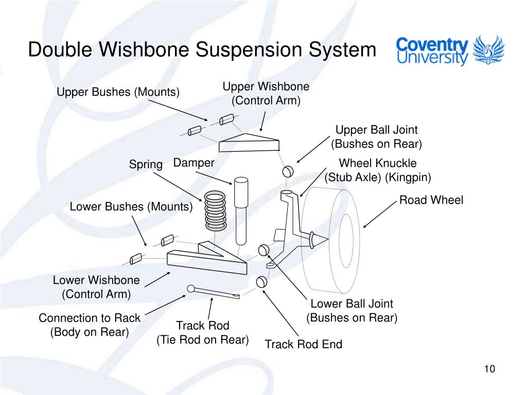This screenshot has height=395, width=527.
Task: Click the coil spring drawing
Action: (x=215, y=211)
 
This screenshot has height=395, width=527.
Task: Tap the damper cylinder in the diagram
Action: (x=241, y=211)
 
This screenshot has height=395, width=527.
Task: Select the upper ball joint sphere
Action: (x=288, y=171)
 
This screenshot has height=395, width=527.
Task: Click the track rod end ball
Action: (x=261, y=282)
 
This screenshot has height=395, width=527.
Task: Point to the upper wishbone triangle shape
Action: (x=249, y=143)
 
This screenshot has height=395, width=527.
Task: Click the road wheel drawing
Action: (x=331, y=241)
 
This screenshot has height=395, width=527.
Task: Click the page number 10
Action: (x=489, y=369)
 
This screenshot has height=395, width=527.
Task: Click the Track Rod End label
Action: (x=304, y=344)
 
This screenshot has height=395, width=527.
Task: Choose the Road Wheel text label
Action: (x=431, y=200)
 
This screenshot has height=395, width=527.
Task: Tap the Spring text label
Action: (x=146, y=165)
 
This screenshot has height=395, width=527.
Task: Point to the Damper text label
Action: (x=194, y=163)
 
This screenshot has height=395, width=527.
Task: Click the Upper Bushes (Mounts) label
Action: (x=118, y=92)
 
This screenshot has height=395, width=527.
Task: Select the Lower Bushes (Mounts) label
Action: (x=131, y=207)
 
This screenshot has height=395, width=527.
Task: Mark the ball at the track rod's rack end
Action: (x=190, y=289)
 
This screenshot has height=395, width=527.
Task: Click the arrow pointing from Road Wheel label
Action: (x=380, y=214)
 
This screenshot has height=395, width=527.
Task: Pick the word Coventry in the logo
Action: (x=432, y=44)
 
